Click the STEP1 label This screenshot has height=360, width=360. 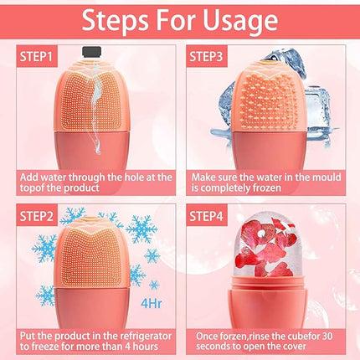click(x=33, y=56)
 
